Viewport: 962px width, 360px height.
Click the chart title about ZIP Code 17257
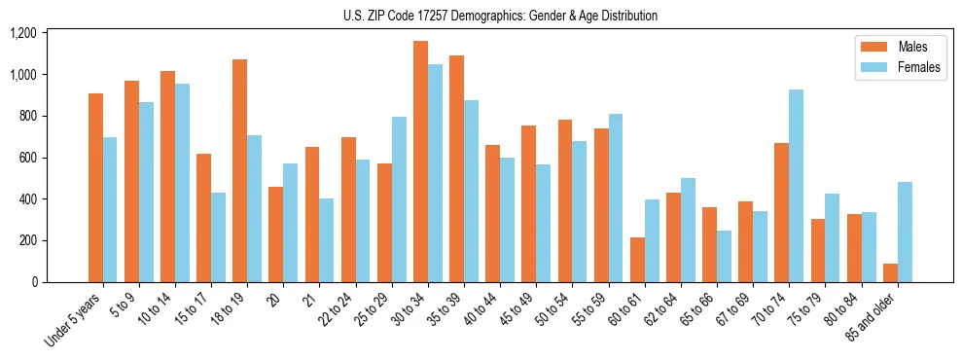(500, 16)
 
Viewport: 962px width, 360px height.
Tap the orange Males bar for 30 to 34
(420, 162)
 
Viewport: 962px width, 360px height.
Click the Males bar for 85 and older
(890, 273)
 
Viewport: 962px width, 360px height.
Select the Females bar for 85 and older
(905, 233)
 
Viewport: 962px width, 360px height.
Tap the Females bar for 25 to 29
(399, 199)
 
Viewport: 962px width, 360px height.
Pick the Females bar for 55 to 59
(616, 198)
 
